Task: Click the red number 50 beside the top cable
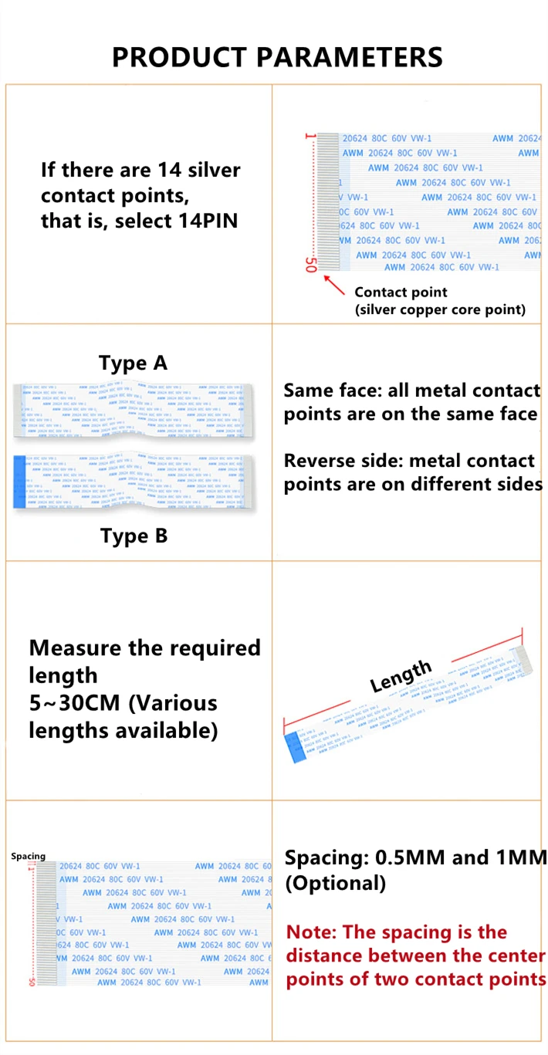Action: tap(311, 265)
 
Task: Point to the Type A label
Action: tap(133, 363)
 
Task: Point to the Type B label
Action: tap(134, 536)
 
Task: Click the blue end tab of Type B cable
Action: tap(20, 482)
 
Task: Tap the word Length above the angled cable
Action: tap(400, 676)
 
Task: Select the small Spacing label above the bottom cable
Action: tap(28, 856)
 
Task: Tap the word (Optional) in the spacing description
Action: tap(336, 883)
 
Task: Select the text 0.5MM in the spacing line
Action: tap(410, 857)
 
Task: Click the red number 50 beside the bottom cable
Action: tap(31, 982)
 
